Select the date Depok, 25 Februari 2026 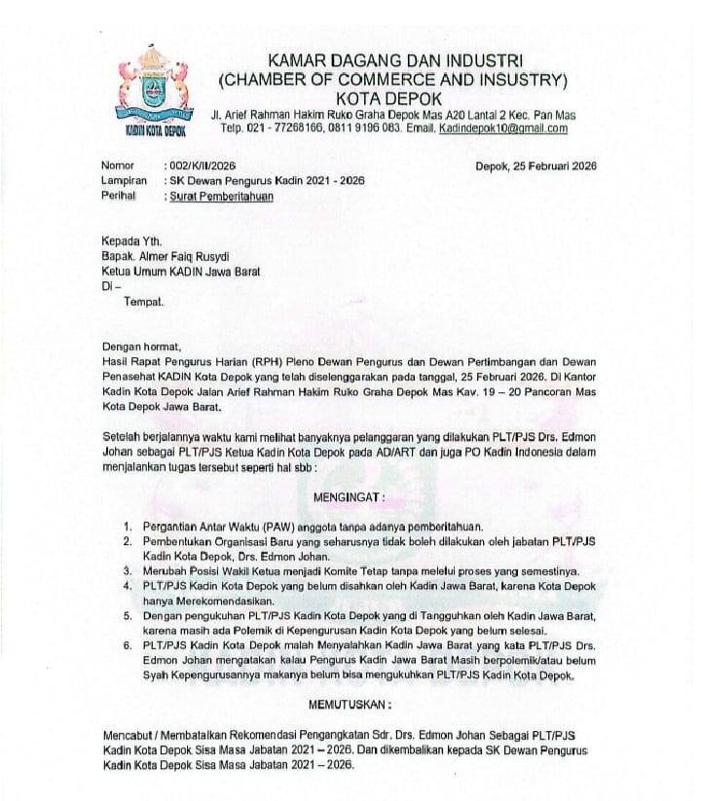[535, 166]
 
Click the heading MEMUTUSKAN [350, 704]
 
